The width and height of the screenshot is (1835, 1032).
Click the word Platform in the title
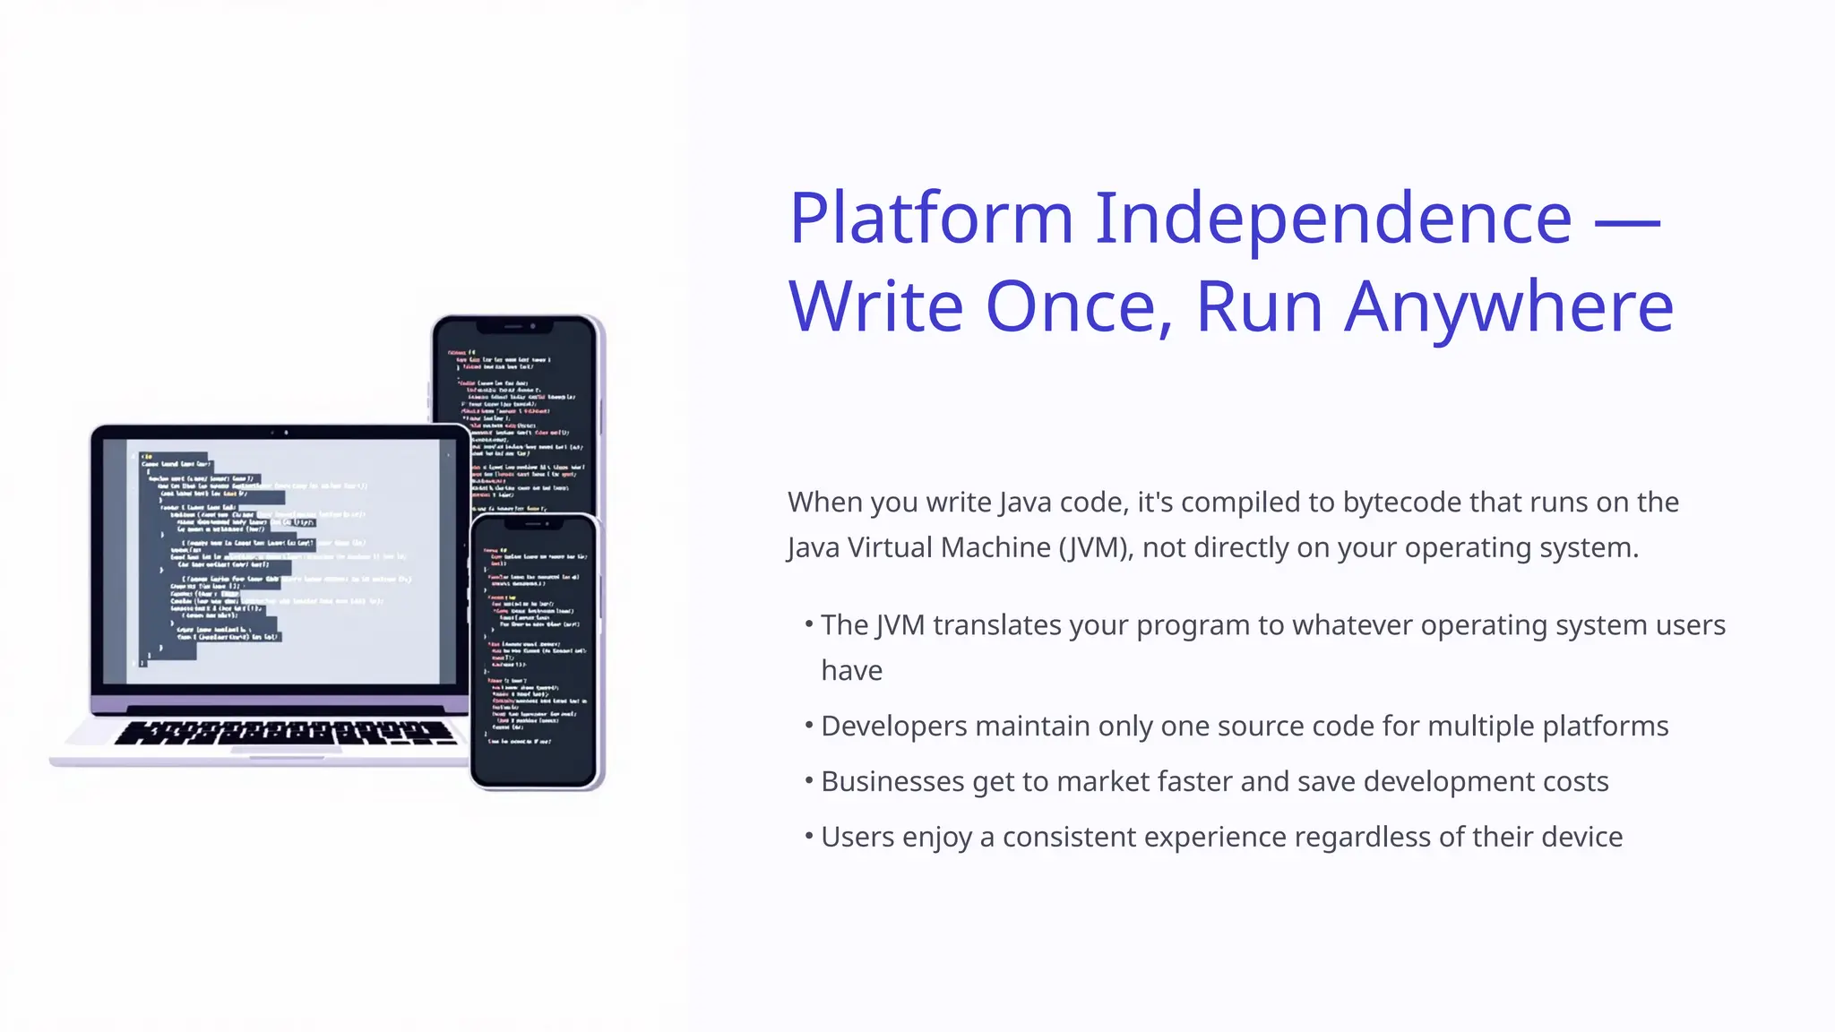[x=931, y=219]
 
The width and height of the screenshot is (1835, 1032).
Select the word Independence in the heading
[x=1333, y=219]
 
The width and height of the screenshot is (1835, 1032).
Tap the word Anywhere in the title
[x=1510, y=307]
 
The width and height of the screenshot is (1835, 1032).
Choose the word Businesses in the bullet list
[x=892, y=782]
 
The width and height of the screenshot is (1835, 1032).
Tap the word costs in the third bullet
[x=1575, y=782]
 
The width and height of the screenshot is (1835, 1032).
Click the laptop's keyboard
[x=285, y=733]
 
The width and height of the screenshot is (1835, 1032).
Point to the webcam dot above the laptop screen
[x=286, y=433]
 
